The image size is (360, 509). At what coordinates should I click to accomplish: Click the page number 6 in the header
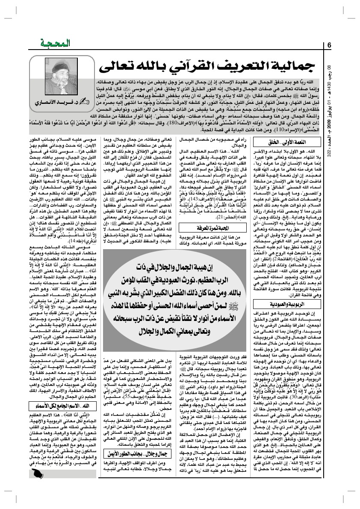point(330,45)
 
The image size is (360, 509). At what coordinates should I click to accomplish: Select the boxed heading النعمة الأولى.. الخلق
point(284,141)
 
